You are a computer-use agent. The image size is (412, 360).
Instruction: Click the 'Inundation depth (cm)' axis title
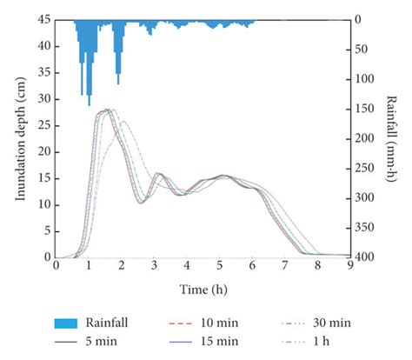click(20, 139)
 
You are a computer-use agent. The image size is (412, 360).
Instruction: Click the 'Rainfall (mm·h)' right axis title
click(393, 139)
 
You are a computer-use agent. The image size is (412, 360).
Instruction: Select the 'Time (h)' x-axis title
click(203, 286)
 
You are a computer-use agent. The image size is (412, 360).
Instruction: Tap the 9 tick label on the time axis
click(350, 267)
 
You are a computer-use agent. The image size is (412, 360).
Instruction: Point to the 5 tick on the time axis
click(220, 267)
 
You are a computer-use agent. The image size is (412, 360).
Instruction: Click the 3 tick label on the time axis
click(154, 267)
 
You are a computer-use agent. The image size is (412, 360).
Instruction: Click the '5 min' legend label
click(108, 340)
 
